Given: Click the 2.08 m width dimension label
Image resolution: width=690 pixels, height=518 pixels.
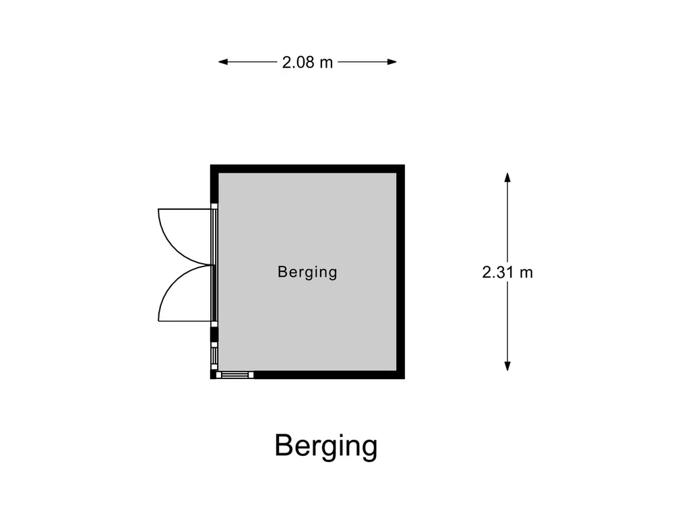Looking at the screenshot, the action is coord(307,63).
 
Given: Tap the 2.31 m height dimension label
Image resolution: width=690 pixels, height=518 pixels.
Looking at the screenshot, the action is coord(507,272).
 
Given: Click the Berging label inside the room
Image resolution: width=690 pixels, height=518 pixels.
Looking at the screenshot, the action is coord(307,272).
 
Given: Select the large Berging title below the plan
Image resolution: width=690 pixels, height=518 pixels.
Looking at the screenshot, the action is coord(326,446).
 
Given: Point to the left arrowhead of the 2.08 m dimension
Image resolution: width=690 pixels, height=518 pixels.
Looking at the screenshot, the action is coord(222,62).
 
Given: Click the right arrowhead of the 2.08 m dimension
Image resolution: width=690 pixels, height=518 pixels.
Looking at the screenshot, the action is coord(392,62).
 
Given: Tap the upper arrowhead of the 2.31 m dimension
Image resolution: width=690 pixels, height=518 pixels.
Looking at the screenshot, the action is coord(507,177).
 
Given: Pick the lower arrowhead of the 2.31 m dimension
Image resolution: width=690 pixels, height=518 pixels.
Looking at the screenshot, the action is coord(507,366).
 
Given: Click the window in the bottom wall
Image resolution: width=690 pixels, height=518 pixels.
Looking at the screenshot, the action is coord(235,375).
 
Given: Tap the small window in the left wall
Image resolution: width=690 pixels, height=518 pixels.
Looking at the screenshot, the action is coord(214,355).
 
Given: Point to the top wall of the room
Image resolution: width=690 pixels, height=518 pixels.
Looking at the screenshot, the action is coord(307,169).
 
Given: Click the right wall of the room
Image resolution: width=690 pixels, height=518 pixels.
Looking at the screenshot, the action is coord(400,271).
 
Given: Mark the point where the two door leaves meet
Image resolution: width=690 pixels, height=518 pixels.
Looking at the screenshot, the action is coord(212,265).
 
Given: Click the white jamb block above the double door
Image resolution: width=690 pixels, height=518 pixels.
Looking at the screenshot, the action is coord(214,206).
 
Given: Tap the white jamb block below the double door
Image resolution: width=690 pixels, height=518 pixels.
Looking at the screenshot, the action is coord(214,324).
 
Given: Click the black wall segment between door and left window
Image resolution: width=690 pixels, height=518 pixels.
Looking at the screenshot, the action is coord(214,335).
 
